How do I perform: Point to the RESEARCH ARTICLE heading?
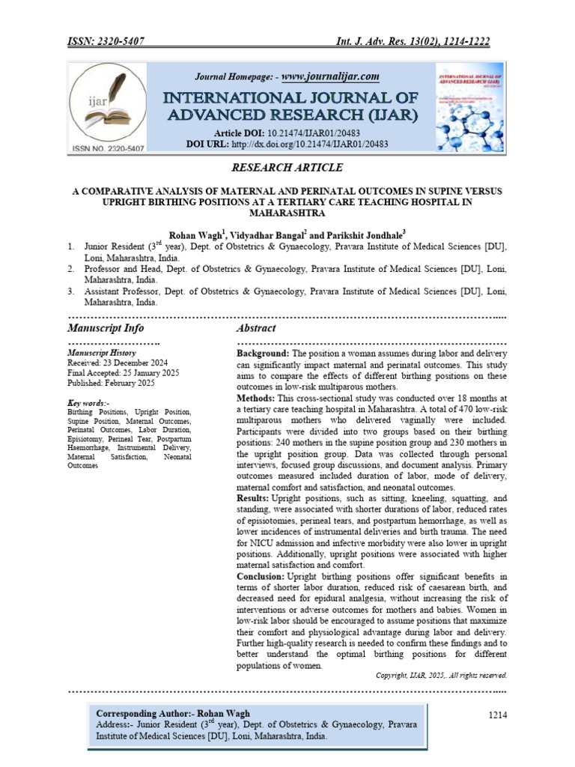[x=287, y=168]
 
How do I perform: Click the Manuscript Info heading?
[x=106, y=328]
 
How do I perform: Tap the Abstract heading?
[x=256, y=328]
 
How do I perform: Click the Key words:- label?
[x=88, y=403]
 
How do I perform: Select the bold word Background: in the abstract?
[x=263, y=353]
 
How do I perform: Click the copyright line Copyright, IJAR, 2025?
[x=441, y=675]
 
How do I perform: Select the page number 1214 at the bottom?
[x=497, y=716]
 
